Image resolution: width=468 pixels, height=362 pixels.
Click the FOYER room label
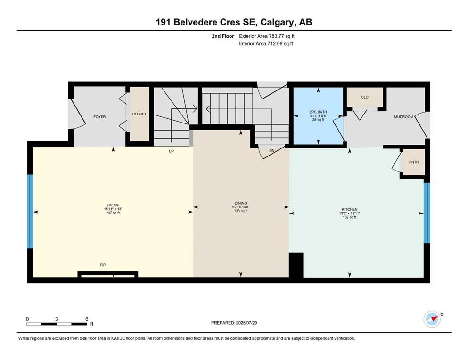(99, 116)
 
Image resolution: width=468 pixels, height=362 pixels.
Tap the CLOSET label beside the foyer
(139, 114)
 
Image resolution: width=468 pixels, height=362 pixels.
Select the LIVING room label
(112, 205)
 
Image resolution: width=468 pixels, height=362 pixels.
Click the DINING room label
(240, 203)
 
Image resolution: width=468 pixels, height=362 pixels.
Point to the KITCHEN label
(350, 209)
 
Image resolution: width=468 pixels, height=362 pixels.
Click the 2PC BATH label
(318, 112)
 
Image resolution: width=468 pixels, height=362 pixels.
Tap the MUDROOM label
(403, 117)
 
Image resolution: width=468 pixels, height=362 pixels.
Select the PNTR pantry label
(414, 163)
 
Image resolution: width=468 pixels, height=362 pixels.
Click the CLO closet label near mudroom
(364, 97)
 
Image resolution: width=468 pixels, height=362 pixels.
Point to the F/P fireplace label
(103, 265)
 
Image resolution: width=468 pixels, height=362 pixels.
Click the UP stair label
(172, 151)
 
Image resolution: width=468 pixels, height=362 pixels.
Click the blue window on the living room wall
(30, 212)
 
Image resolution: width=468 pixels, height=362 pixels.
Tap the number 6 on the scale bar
(87, 319)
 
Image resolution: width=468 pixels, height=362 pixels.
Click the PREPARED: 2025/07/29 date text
(234, 323)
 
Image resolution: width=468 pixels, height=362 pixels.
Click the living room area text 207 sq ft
(112, 213)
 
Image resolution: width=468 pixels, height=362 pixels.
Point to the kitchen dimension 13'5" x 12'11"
(350, 213)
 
